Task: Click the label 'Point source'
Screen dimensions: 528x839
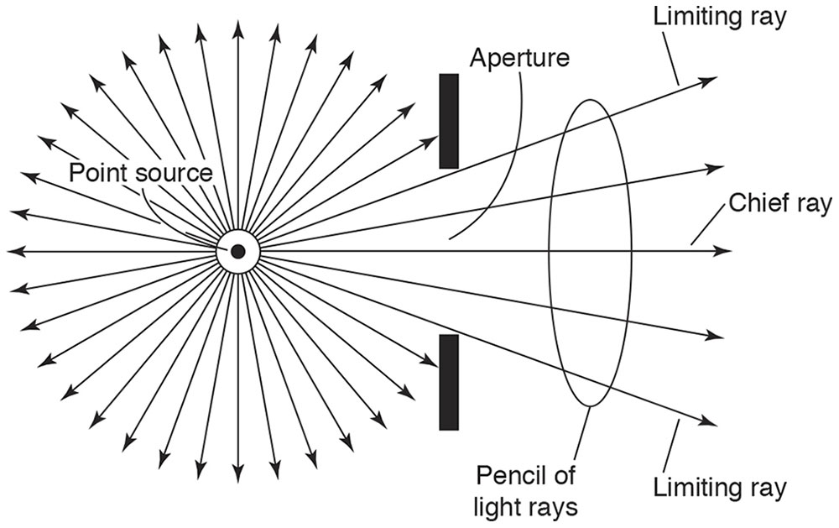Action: (140, 173)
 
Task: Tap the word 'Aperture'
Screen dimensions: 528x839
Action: (519, 58)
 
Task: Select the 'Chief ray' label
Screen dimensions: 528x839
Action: (780, 203)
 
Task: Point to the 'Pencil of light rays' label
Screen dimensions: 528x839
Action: (526, 491)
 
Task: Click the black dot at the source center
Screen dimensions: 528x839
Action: (238, 251)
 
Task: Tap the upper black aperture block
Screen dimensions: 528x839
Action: (449, 121)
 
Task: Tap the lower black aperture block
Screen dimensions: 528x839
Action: (449, 382)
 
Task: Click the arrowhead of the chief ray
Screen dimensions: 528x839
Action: (724, 251)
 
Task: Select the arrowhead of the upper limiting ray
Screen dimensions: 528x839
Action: (710, 80)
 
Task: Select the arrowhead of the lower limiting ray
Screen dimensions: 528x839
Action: (710, 423)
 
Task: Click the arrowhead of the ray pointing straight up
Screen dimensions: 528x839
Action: (238, 28)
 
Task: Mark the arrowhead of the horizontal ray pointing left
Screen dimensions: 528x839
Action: (13, 251)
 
